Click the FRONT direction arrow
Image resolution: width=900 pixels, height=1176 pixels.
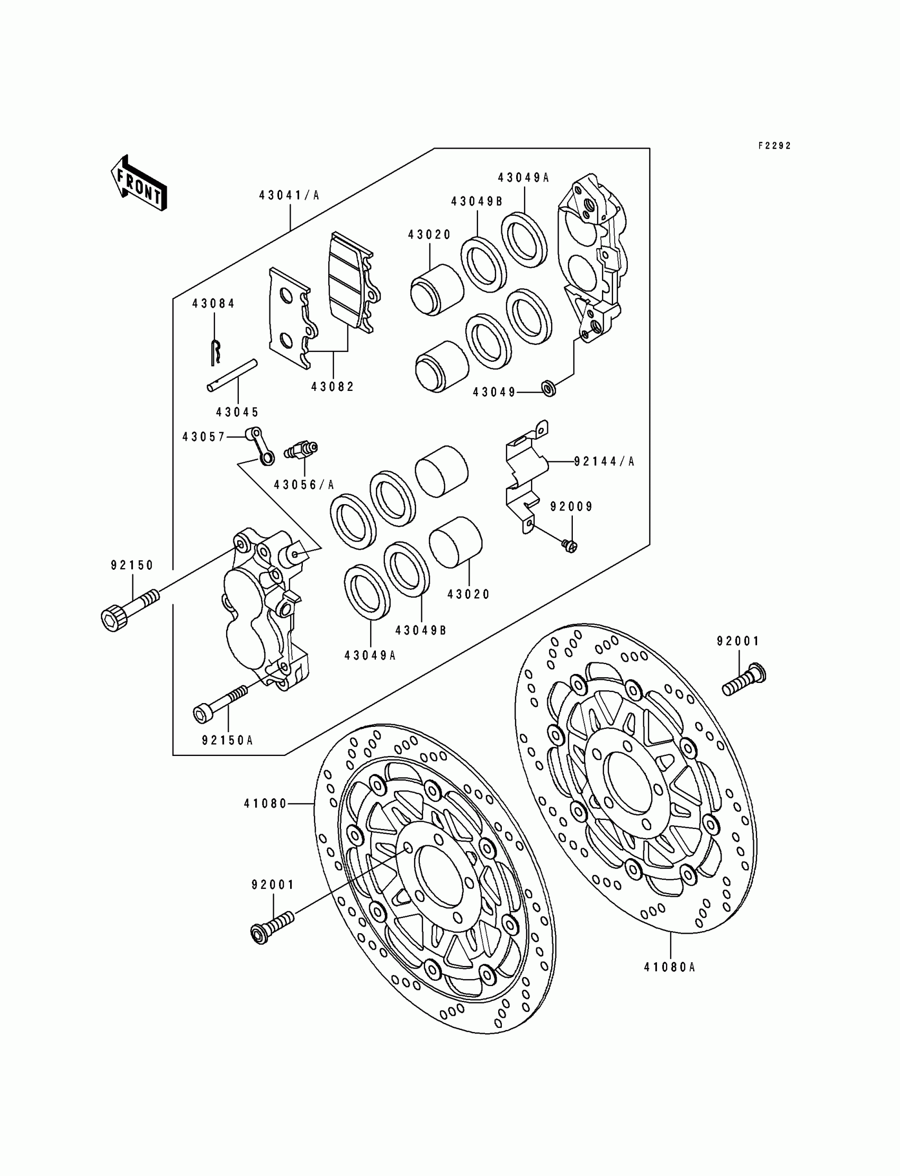point(138,183)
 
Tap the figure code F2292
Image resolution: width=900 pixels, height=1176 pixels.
point(774,145)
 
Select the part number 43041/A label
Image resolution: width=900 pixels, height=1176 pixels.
point(289,195)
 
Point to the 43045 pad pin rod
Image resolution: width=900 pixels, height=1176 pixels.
point(232,375)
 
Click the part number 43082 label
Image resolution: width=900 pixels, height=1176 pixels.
point(332,387)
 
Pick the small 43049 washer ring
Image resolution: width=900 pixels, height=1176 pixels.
point(549,389)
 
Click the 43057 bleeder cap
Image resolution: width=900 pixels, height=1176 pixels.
point(260,445)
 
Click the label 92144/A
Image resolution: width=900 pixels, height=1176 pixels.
point(604,461)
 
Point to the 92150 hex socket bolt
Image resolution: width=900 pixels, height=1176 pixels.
point(129,612)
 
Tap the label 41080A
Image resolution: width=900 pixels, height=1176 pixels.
point(670,967)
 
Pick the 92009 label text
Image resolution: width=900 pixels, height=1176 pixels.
point(572,506)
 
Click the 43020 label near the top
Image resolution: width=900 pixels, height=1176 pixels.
point(429,234)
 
